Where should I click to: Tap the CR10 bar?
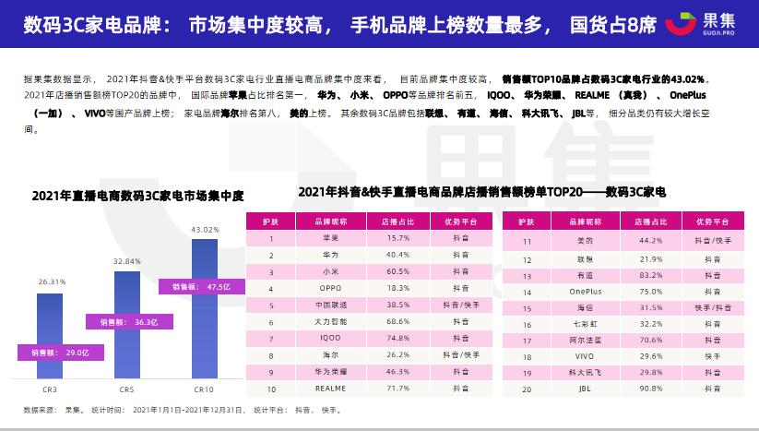(204, 309)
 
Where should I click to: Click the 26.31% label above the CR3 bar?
(52, 281)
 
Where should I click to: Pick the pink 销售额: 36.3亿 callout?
(125, 322)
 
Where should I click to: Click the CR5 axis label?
(127, 389)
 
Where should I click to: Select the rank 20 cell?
(527, 389)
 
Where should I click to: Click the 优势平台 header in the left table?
(457, 221)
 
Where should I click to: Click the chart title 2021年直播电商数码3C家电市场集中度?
(137, 195)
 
